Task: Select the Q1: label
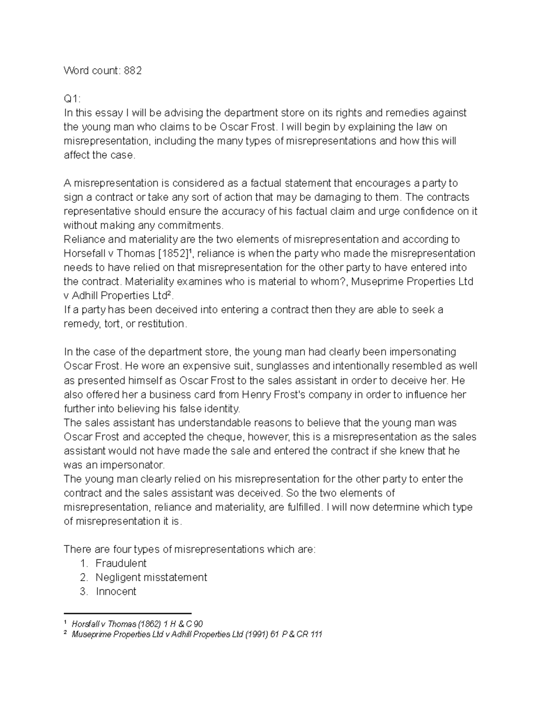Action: pyautogui.click(x=72, y=99)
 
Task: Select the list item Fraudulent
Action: pyautogui.click(x=121, y=563)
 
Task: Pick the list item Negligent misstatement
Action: pyautogui.click(x=151, y=577)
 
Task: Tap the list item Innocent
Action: pyautogui.click(x=116, y=591)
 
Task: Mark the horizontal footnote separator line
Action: pyautogui.click(x=128, y=612)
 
